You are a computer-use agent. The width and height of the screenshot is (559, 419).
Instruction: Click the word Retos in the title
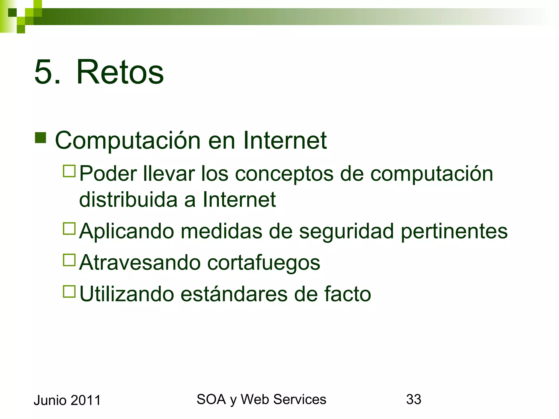pyautogui.click(x=120, y=72)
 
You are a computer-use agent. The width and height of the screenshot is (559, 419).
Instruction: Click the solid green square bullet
pyautogui.click(x=40, y=138)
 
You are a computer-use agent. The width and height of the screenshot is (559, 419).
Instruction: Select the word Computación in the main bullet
pyautogui.click(x=128, y=141)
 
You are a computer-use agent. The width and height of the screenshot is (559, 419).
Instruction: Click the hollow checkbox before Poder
pyautogui.click(x=69, y=171)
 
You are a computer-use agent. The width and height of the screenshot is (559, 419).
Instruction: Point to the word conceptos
pyautogui.click(x=284, y=174)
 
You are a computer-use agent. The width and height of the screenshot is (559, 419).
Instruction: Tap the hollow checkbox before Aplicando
pyautogui.click(x=69, y=229)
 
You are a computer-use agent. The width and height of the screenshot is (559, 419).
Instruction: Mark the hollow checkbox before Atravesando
pyautogui.click(x=69, y=260)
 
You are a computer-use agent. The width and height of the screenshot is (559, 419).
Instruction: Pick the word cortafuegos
pyautogui.click(x=263, y=263)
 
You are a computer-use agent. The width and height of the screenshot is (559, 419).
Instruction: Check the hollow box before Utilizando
pyautogui.click(x=69, y=291)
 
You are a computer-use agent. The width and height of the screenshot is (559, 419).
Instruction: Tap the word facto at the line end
pyautogui.click(x=347, y=294)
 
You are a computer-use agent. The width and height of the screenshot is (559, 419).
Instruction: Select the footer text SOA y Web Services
pyautogui.click(x=261, y=400)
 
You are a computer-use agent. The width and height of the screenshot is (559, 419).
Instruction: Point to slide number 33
pyautogui.click(x=414, y=400)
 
